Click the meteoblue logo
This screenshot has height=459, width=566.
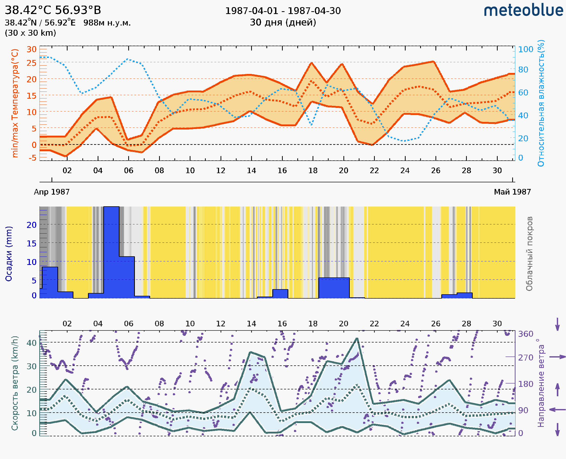click(x=523, y=10)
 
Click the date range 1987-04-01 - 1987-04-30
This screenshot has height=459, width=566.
click(x=282, y=11)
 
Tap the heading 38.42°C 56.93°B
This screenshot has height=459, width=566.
click(x=53, y=10)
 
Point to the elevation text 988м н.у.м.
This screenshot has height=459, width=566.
click(x=107, y=23)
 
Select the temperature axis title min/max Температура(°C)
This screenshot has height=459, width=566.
click(x=15, y=103)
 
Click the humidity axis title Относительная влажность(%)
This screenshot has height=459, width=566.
click(x=541, y=103)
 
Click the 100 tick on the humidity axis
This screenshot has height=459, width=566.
click(x=525, y=49)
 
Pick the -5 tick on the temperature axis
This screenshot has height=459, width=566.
click(x=33, y=158)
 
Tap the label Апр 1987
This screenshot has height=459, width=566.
click(x=52, y=192)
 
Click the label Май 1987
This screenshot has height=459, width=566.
click(x=512, y=192)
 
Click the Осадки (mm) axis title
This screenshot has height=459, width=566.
click(x=9, y=254)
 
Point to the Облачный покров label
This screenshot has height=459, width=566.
click(x=529, y=254)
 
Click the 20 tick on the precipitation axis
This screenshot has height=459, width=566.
click(x=31, y=225)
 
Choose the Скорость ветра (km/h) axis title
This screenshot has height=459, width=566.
click(x=15, y=383)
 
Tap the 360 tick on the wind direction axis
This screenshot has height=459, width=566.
click(x=525, y=334)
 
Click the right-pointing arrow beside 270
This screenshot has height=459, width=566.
click(x=557, y=357)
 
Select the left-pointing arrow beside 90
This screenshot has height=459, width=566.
click(x=557, y=410)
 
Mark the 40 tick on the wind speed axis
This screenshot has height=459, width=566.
click(x=31, y=343)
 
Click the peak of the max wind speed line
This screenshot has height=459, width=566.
click(x=357, y=338)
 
